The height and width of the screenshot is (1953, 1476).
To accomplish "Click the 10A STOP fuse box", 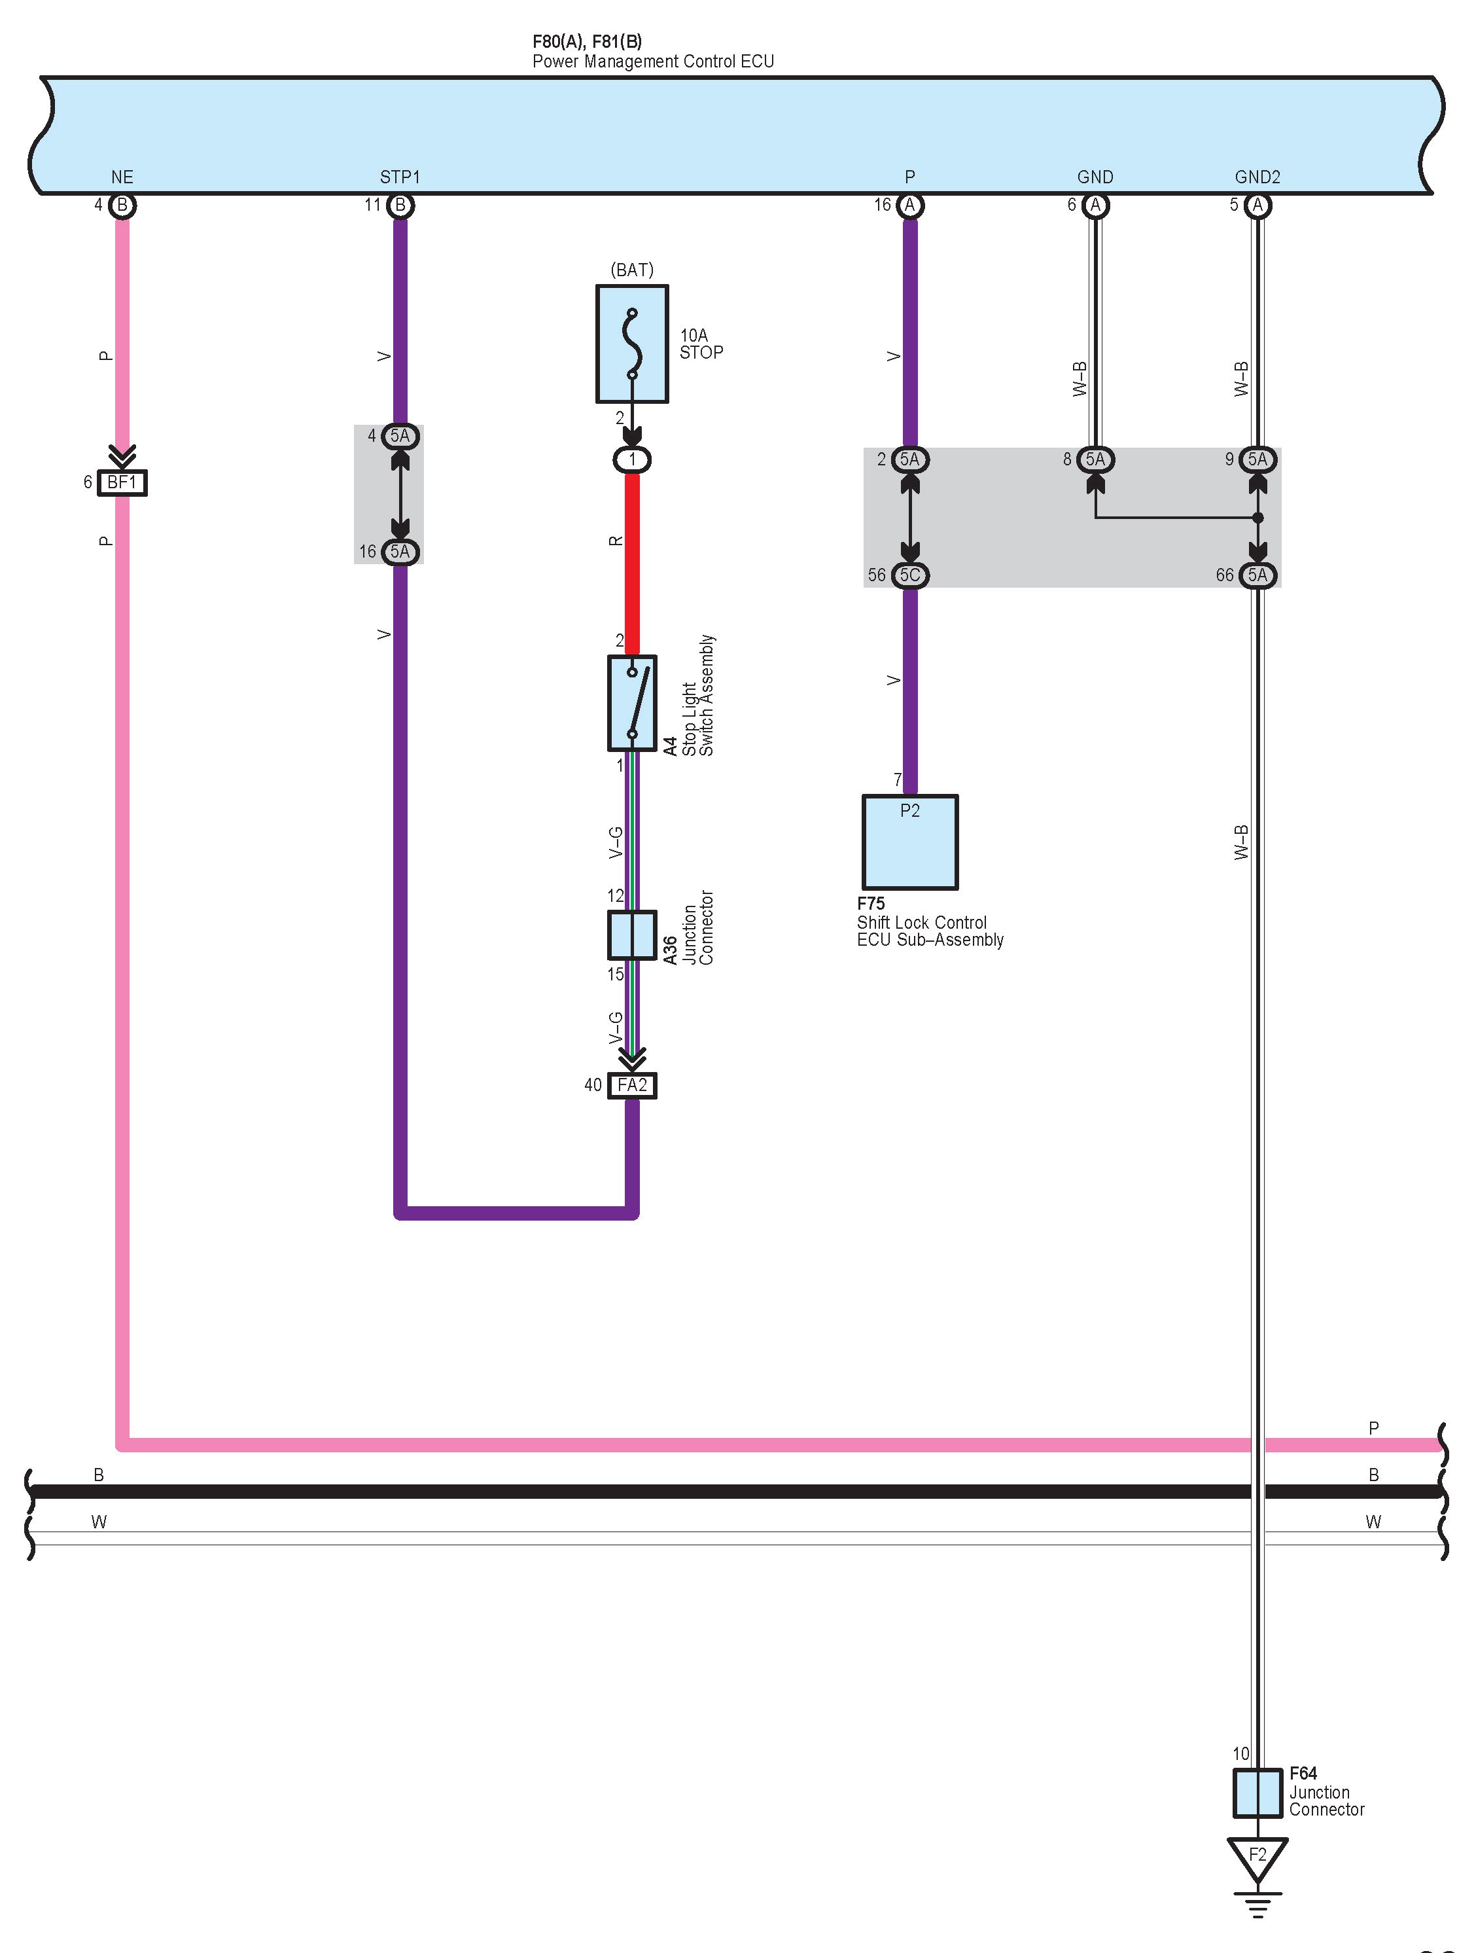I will [x=631, y=344].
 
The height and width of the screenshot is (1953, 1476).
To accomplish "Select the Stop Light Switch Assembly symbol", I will [x=631, y=703].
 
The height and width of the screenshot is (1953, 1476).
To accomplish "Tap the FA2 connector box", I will [x=632, y=1085].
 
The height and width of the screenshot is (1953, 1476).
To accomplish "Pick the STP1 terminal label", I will [x=400, y=177].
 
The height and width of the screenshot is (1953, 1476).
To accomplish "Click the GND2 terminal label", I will [x=1257, y=177].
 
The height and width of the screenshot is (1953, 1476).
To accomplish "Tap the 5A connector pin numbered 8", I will [x=1095, y=459].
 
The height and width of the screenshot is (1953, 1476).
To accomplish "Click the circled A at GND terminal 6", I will [x=1095, y=206].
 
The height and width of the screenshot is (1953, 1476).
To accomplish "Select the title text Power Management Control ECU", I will [x=652, y=62].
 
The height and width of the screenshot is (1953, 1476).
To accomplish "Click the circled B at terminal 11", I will [x=400, y=206].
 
